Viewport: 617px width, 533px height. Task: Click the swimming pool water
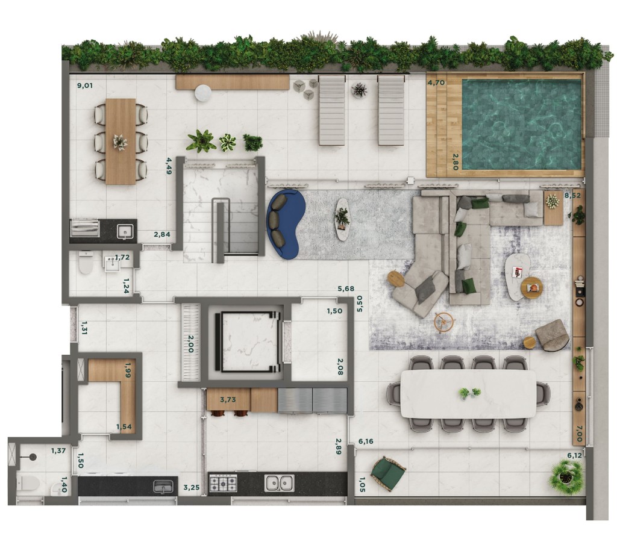click(521, 125)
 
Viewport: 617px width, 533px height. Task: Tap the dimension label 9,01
click(85, 86)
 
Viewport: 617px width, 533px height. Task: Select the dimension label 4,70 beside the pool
click(436, 83)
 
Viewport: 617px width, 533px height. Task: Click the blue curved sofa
click(285, 223)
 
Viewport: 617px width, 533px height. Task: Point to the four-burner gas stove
click(223, 483)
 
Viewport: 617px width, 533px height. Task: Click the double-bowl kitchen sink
click(279, 483)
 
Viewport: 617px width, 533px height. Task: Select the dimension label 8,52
click(572, 195)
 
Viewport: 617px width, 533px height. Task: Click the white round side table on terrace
click(204, 93)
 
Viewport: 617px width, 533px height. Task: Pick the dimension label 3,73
click(228, 400)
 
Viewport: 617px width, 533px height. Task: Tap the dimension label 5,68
click(346, 288)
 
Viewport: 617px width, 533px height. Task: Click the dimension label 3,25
click(192, 487)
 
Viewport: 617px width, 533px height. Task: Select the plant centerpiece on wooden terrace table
click(120, 142)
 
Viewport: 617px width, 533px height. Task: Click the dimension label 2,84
click(161, 234)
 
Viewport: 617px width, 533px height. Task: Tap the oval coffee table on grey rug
click(342, 219)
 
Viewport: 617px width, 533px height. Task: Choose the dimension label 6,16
click(366, 441)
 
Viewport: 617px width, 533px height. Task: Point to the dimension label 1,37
click(58, 450)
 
